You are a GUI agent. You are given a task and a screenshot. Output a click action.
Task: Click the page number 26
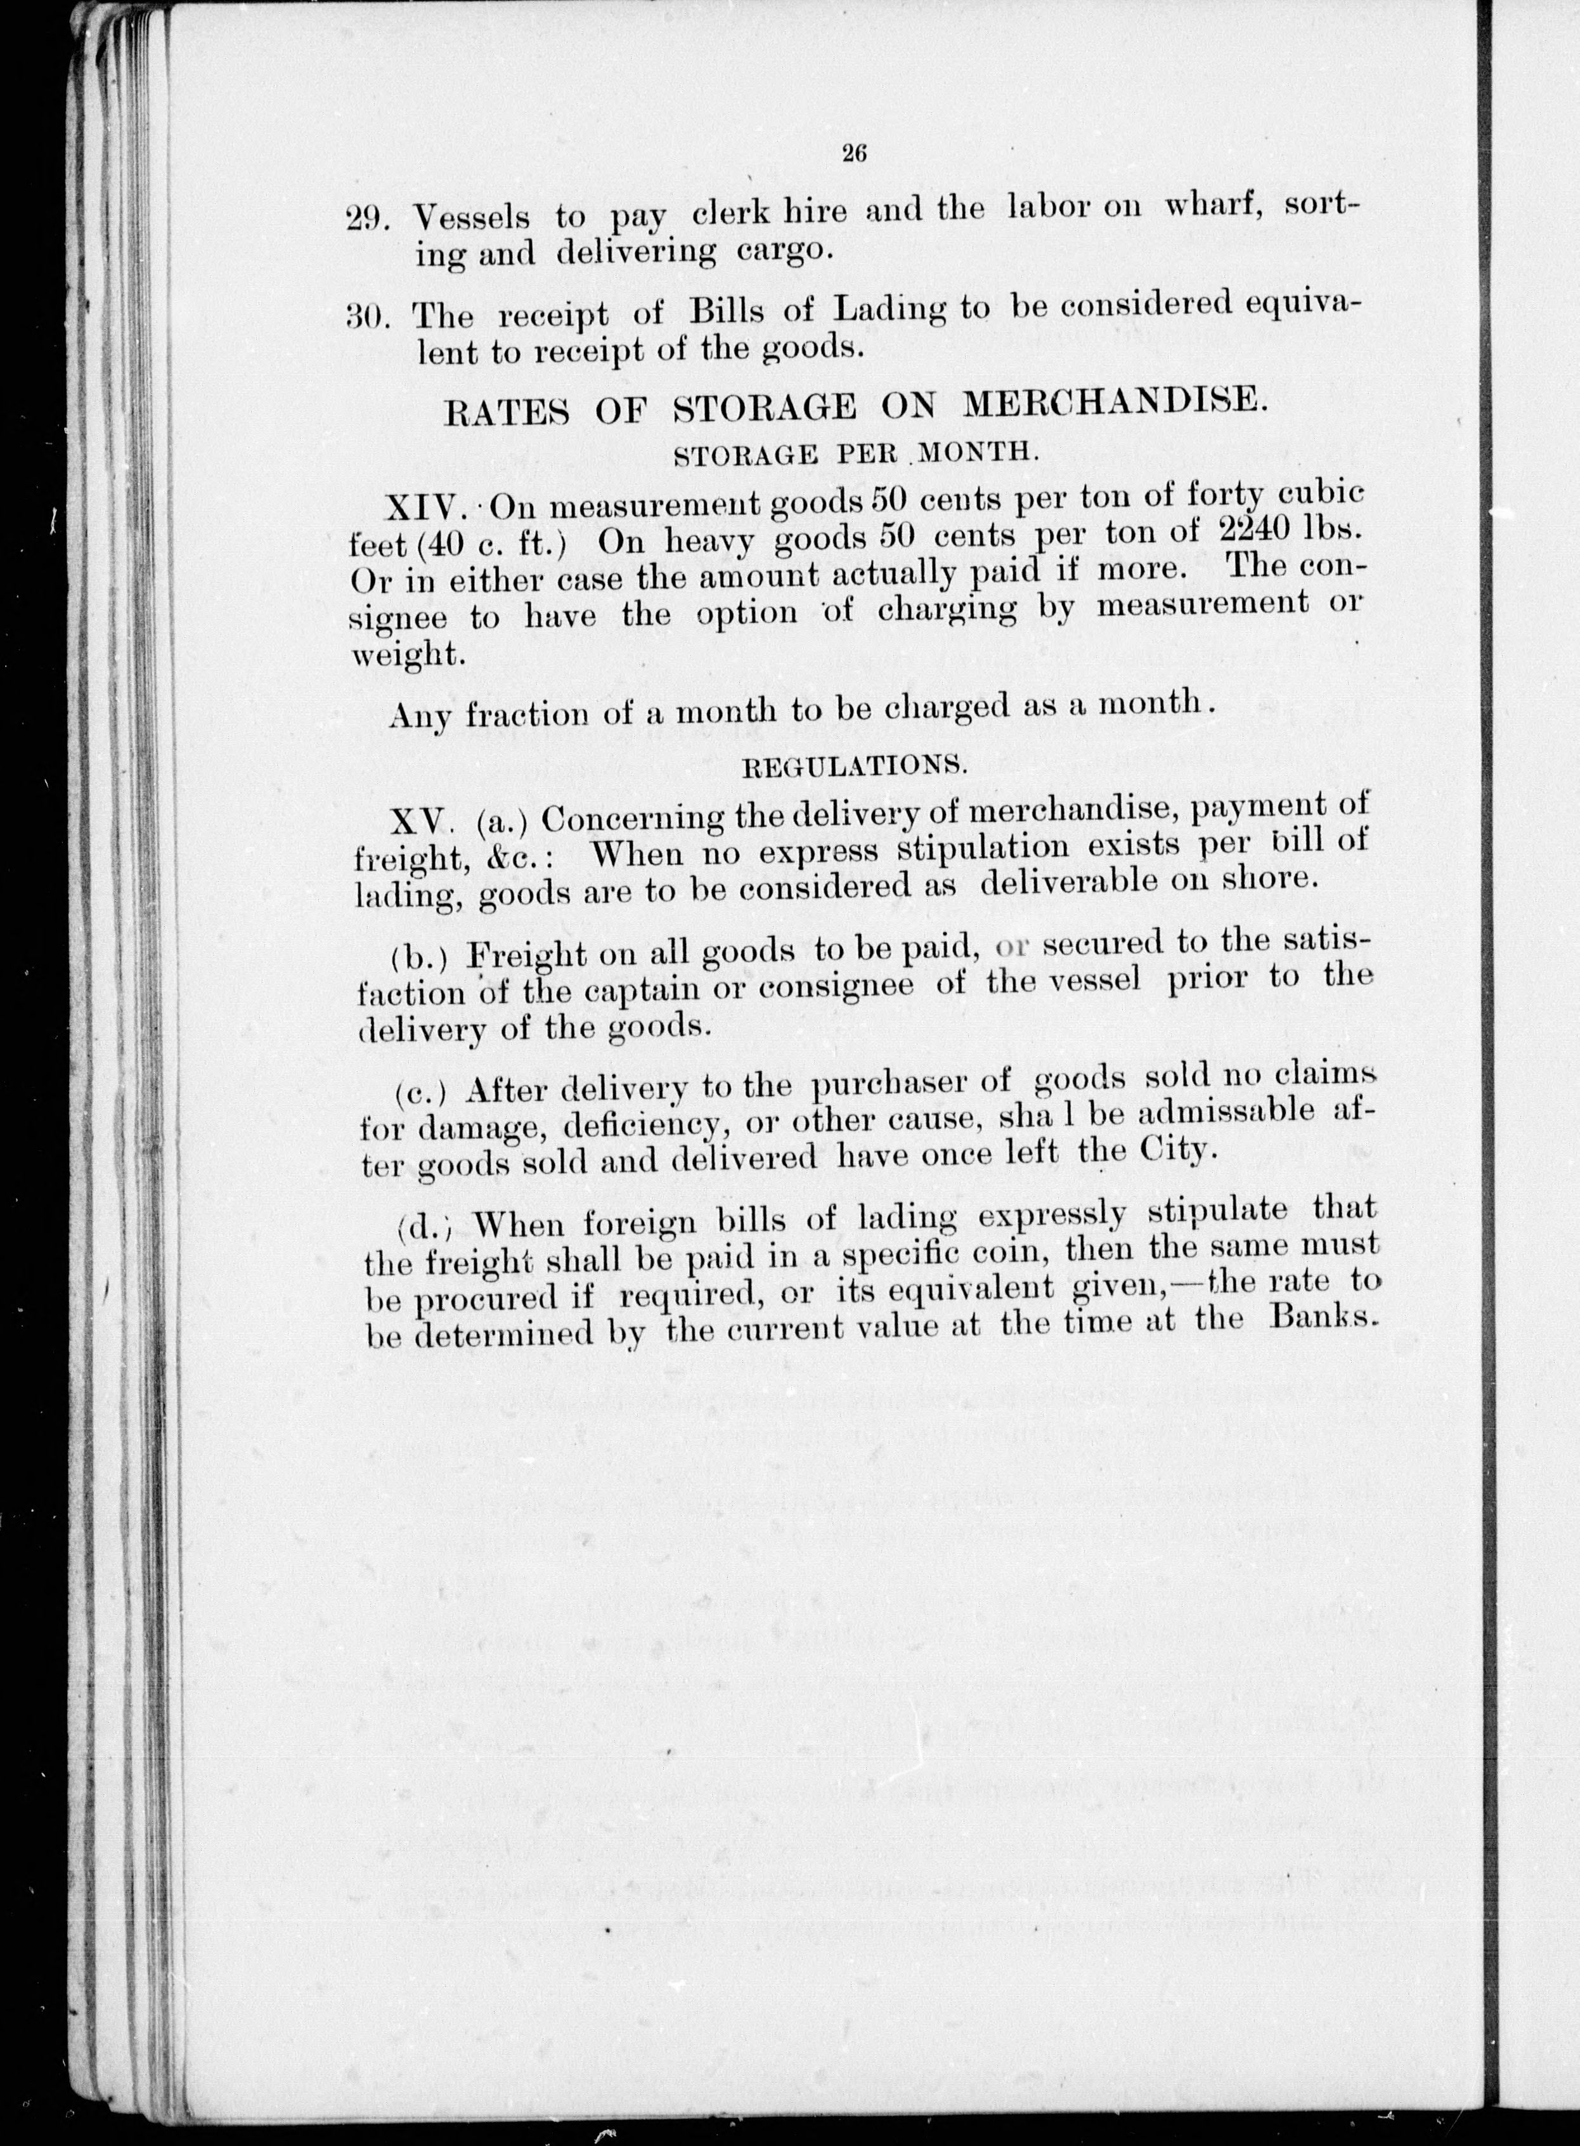pyautogui.click(x=854, y=153)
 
